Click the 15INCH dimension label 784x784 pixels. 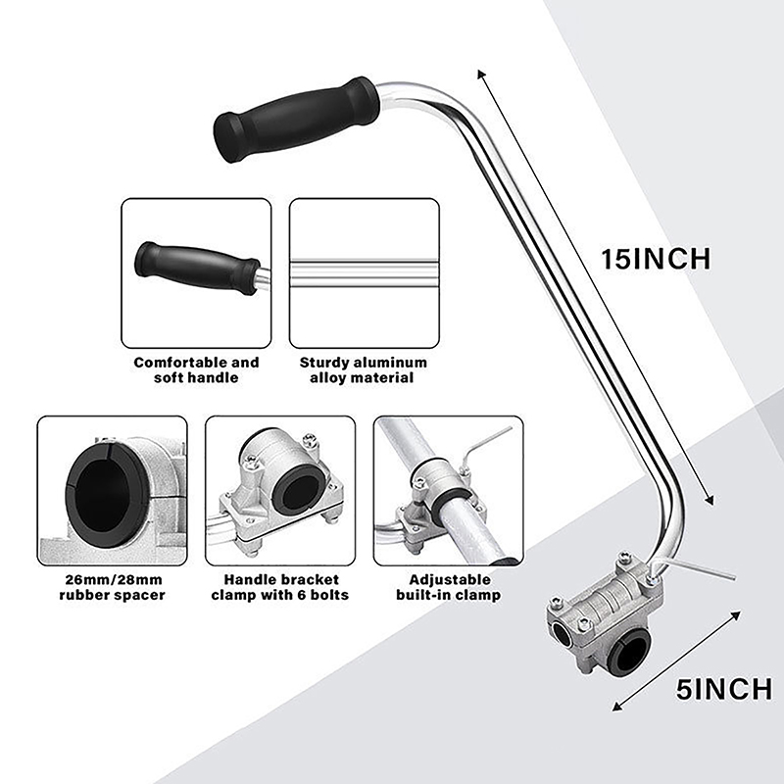coord(656,259)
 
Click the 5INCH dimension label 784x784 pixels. coord(724,690)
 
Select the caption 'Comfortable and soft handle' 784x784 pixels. coord(197,369)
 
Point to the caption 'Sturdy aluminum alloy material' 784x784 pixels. coord(363,369)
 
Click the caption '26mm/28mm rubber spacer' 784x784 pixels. coord(112,587)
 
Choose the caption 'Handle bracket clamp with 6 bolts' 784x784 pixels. coord(280,587)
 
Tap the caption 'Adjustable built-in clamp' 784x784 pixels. coord(449,587)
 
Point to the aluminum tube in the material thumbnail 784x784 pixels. coord(364,273)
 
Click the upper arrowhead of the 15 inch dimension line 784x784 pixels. coord(481,74)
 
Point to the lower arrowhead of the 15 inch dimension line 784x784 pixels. coord(710,500)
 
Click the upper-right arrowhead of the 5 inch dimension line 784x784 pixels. coord(736,615)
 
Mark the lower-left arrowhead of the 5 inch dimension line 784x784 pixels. coord(618,707)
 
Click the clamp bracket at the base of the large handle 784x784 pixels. coord(605,614)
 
